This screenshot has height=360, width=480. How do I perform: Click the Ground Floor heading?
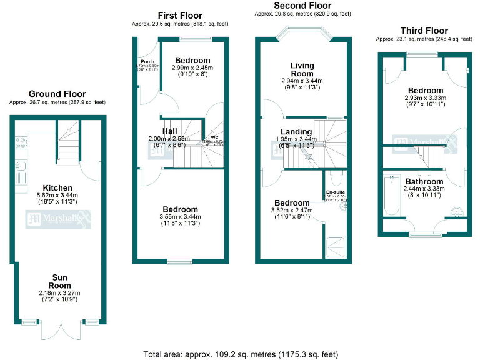(57, 94)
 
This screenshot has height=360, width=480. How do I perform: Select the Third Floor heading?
(424, 31)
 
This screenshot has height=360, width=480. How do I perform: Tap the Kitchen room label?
(57, 187)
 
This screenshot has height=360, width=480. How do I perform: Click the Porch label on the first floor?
(147, 62)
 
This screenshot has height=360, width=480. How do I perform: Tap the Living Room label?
(302, 69)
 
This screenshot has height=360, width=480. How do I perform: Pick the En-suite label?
(335, 192)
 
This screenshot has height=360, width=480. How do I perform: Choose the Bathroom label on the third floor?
(423, 182)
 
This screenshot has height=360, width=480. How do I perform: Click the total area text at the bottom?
(240, 354)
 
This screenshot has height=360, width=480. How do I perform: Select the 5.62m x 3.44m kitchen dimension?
(57, 196)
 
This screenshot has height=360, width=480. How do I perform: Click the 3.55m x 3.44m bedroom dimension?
(181, 217)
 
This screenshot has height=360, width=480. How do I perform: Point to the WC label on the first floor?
(214, 137)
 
